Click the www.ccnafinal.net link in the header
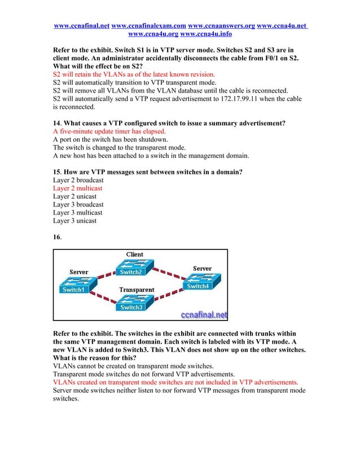tap(81, 26)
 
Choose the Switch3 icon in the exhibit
tap(131, 302)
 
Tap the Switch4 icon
tap(197, 281)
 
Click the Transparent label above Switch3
tap(137, 289)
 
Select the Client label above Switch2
tap(134, 254)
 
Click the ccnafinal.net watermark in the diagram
tap(204, 314)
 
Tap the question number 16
tap(57, 238)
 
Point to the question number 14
tap(57, 123)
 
